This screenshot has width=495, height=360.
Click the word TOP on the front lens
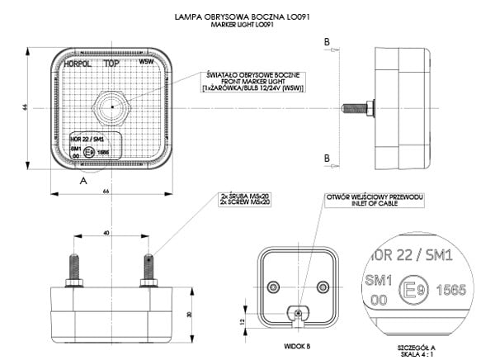109,63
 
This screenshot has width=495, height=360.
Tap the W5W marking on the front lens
146,62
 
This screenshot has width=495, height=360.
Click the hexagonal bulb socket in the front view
109,107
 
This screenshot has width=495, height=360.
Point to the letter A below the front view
82,178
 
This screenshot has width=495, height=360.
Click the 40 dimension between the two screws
106,234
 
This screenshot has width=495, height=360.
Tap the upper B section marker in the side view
328,40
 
